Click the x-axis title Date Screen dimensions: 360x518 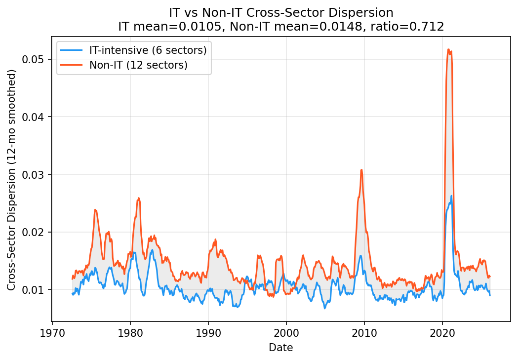click(280, 348)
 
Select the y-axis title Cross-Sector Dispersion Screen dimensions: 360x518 click(12, 180)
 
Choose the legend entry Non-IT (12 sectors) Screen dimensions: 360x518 click(138, 65)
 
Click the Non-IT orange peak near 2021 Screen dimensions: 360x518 click(448, 49)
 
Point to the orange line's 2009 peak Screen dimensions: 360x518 click(361, 170)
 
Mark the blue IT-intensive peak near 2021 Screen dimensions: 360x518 click(451, 196)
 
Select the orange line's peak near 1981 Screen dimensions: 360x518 click(138, 198)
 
